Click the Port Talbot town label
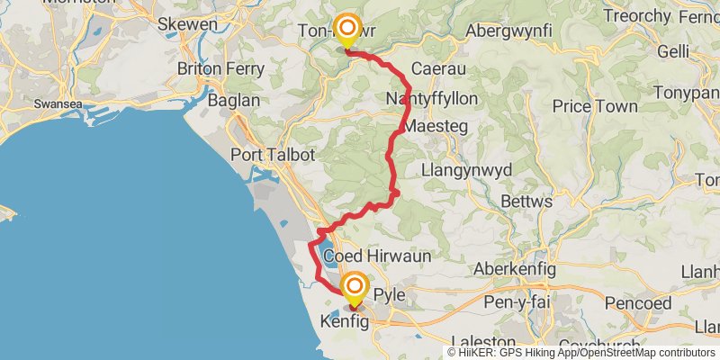point(273,155)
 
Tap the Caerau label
point(436,68)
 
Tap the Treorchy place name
point(637,16)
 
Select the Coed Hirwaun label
point(377,256)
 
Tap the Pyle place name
point(390,294)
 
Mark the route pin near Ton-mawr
point(346,30)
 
